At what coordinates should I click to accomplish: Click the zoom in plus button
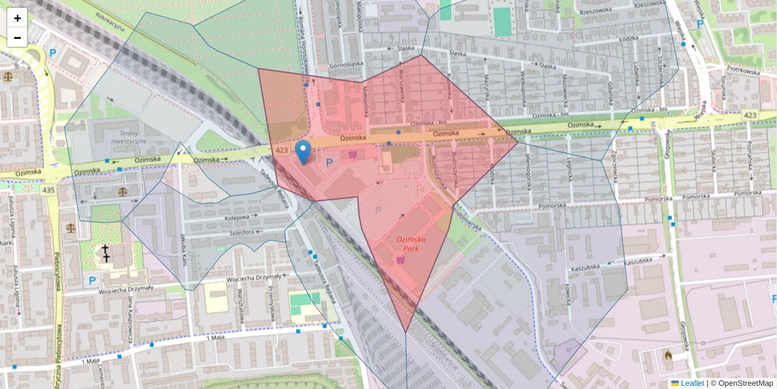point(17,18)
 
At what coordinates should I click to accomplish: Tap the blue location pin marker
point(302,152)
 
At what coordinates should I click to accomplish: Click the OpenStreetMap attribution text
point(745,383)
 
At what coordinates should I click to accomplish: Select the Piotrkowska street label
point(742,70)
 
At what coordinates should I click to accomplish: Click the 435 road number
point(47,190)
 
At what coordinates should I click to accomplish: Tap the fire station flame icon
point(668,355)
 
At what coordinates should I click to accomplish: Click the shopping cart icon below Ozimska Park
point(401,260)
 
